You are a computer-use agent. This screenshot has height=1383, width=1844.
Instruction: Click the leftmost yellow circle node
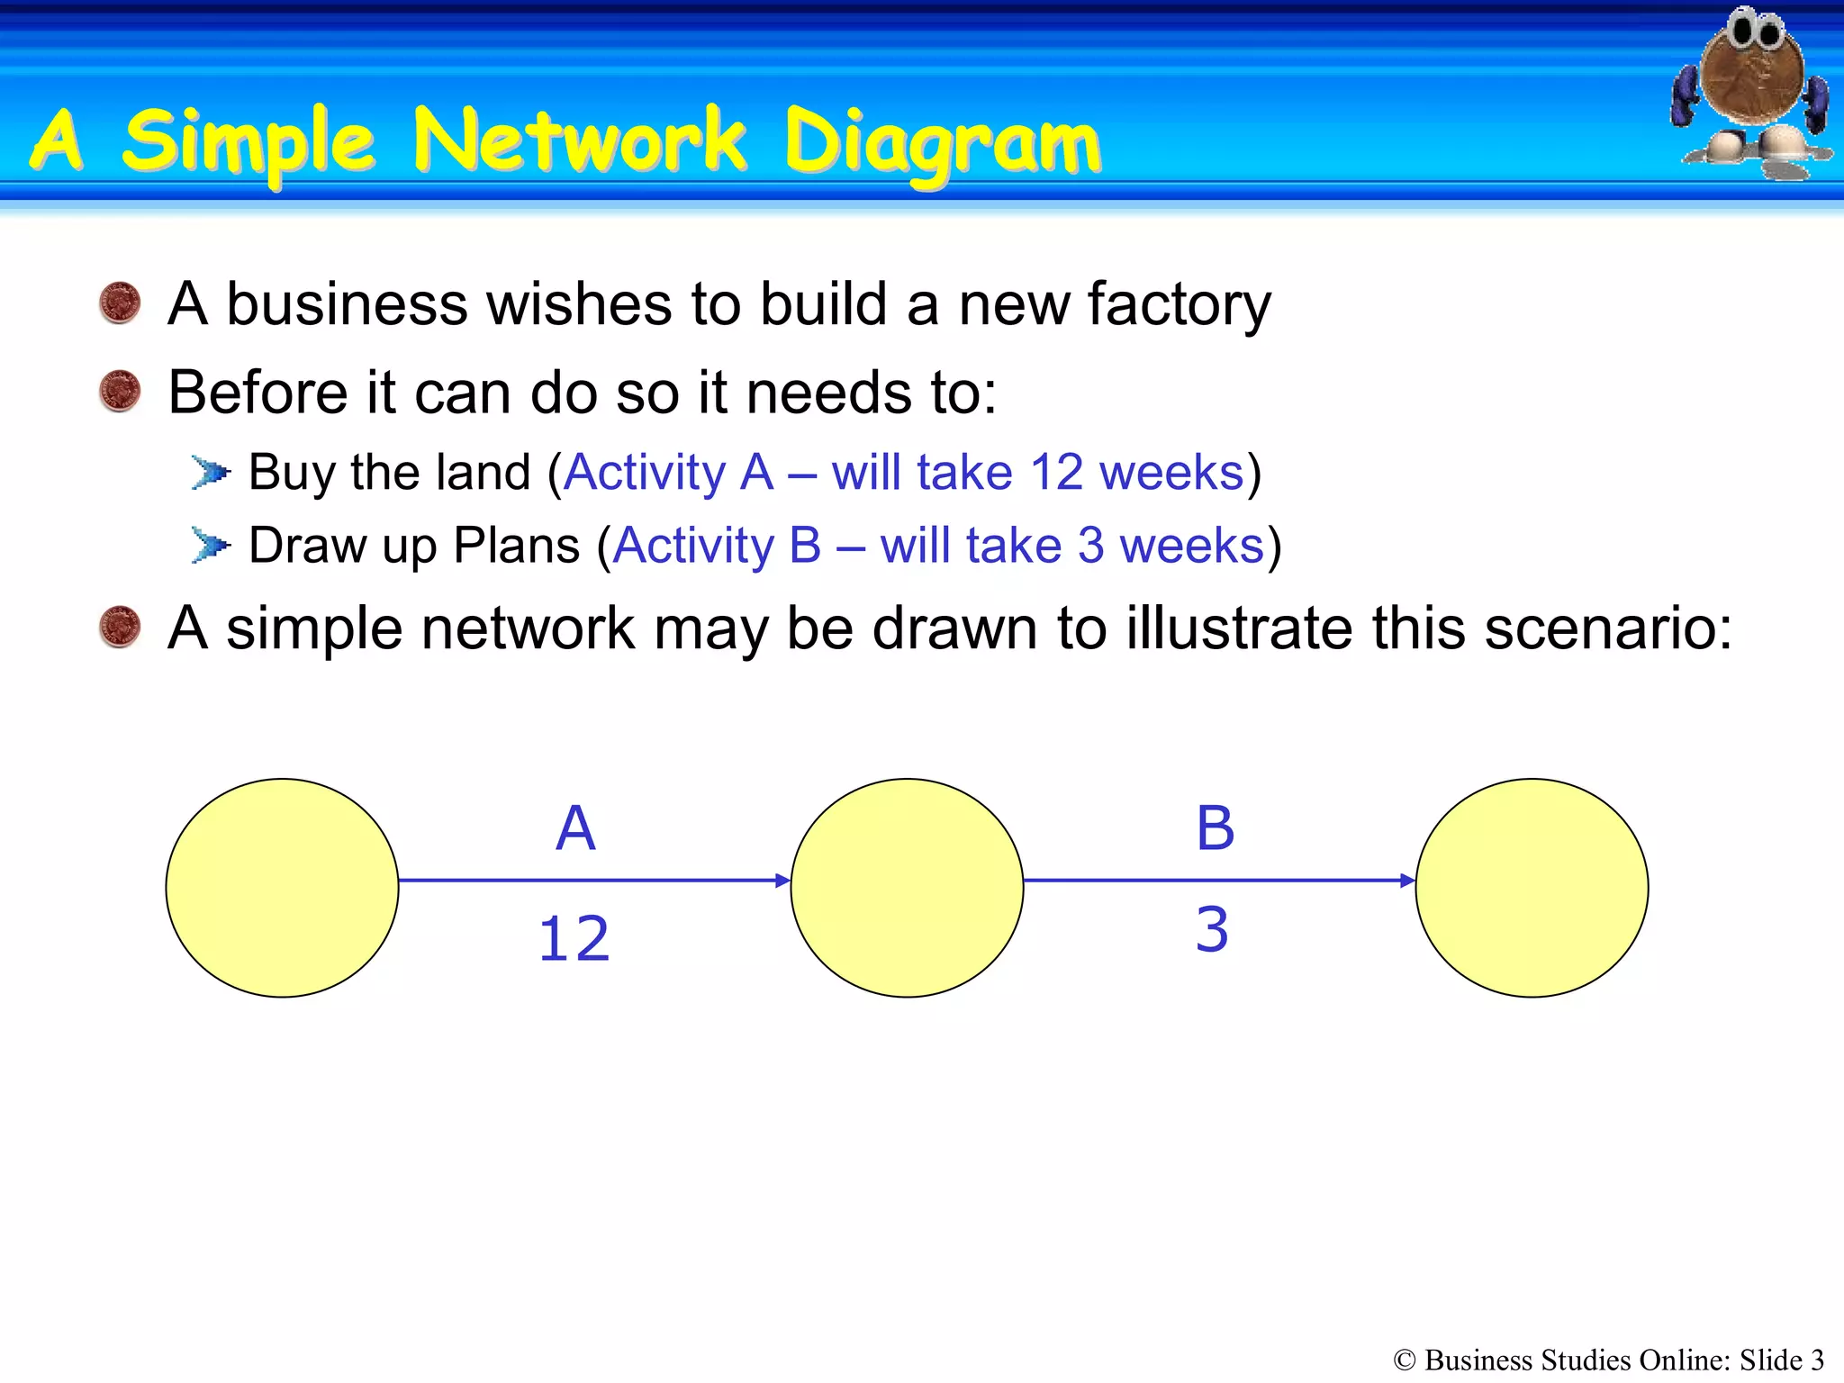click(282, 888)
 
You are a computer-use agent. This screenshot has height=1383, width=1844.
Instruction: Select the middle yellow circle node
click(907, 888)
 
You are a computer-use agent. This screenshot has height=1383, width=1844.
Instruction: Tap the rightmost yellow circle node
click(1532, 888)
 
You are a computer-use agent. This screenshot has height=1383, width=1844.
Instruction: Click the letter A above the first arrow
click(575, 828)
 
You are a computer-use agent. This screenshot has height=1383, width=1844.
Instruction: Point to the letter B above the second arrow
click(1215, 828)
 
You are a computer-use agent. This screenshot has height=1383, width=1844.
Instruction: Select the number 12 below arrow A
click(574, 939)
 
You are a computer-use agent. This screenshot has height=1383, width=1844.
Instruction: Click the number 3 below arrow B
click(1212, 929)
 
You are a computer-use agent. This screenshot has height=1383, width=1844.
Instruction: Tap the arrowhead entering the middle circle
click(782, 881)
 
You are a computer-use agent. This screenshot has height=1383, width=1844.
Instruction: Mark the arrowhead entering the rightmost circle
click(1407, 881)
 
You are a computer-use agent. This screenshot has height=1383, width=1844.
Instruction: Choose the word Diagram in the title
click(942, 144)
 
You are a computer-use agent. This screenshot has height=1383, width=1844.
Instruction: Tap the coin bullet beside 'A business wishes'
click(120, 303)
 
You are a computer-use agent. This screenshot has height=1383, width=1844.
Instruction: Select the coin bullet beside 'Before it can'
click(120, 391)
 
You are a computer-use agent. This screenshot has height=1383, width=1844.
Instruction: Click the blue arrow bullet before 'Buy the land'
click(211, 472)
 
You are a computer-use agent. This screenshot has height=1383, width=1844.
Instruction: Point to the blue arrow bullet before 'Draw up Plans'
click(211, 545)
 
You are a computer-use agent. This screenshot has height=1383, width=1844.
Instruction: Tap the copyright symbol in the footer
click(1404, 1360)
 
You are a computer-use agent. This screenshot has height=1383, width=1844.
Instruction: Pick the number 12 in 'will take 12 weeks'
click(1056, 472)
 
